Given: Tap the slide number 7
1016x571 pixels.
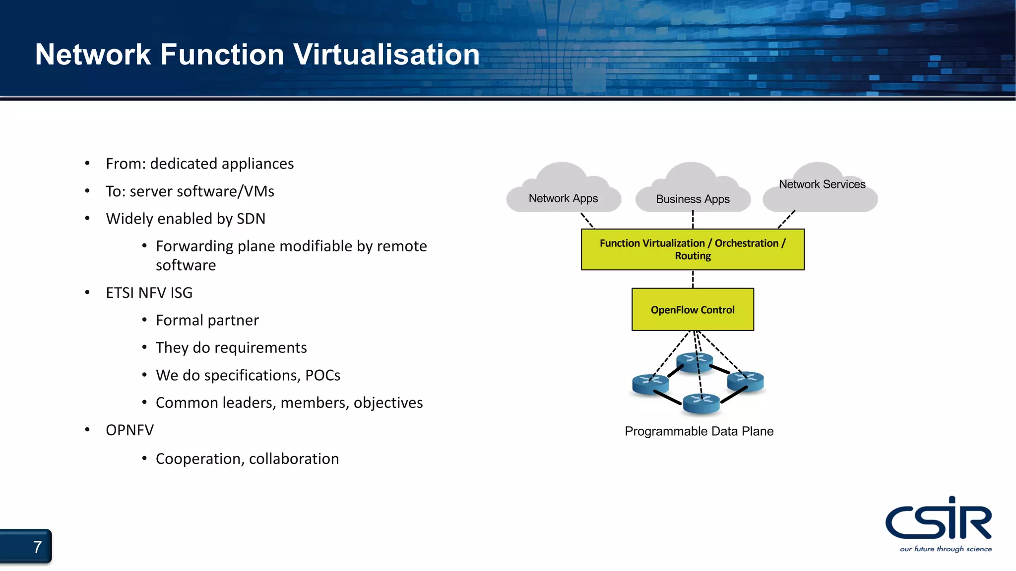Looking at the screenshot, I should (37, 547).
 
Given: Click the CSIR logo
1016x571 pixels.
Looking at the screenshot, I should (938, 519).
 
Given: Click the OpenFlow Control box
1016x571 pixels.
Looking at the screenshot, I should (693, 310).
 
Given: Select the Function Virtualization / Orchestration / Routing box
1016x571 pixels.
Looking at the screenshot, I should (693, 249).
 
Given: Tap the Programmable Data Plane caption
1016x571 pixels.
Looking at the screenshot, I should (698, 431).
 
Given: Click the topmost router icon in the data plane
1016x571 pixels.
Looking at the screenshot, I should (695, 362).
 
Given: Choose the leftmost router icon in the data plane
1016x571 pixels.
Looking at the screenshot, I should (650, 384).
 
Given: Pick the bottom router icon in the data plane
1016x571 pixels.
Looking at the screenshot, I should (701, 402).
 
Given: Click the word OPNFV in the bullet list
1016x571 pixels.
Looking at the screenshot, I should (129, 430).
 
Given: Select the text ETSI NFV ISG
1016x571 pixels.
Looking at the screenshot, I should (149, 293).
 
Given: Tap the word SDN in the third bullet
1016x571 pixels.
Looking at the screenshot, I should (251, 219).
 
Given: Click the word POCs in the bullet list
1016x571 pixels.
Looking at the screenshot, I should (322, 375).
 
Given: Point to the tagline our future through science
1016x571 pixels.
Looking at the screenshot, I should (946, 549).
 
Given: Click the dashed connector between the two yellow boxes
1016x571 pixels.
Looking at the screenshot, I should (693, 279).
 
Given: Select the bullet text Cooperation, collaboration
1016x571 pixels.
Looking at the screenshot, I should (247, 459).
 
